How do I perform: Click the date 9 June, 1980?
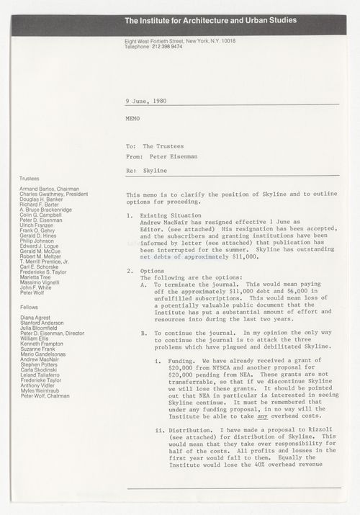coord(146,101)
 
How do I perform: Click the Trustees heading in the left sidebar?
coord(30,177)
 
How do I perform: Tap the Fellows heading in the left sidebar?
coord(29,308)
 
